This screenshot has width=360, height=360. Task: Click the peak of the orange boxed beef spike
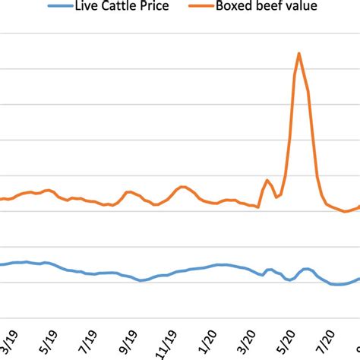click(x=299, y=53)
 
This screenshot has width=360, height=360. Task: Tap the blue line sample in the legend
click(x=62, y=9)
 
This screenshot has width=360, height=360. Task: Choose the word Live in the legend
click(x=90, y=9)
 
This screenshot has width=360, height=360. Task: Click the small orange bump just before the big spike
click(x=267, y=180)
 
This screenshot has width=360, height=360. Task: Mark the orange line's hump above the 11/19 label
click(x=182, y=187)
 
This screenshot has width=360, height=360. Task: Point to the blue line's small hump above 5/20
click(x=306, y=269)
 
